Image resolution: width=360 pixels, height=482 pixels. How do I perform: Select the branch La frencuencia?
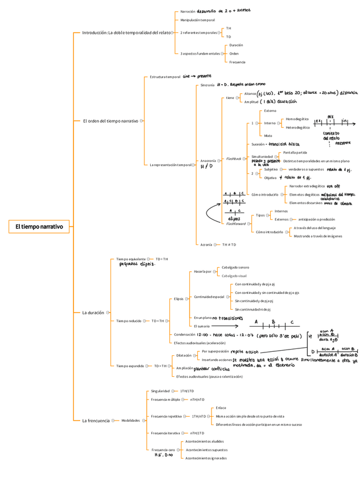(96, 421)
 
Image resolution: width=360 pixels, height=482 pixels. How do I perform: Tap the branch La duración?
(93, 313)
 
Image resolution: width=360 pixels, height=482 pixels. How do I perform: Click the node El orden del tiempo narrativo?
(110, 121)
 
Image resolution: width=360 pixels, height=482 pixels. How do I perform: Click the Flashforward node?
(236, 224)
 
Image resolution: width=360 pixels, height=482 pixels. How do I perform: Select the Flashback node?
(234, 158)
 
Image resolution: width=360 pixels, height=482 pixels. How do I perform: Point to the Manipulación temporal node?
(197, 20)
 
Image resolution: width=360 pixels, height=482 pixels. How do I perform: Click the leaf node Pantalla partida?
(295, 152)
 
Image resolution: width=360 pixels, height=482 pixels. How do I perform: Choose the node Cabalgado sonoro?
(235, 267)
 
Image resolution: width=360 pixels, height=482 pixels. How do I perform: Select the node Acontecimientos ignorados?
(206, 458)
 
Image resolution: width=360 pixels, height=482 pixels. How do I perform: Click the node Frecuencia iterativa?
(165, 433)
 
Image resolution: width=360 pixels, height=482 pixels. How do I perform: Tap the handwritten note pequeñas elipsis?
(137, 264)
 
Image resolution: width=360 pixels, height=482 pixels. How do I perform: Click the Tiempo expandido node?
(130, 366)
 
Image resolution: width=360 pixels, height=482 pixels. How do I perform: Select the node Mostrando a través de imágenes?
(318, 236)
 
